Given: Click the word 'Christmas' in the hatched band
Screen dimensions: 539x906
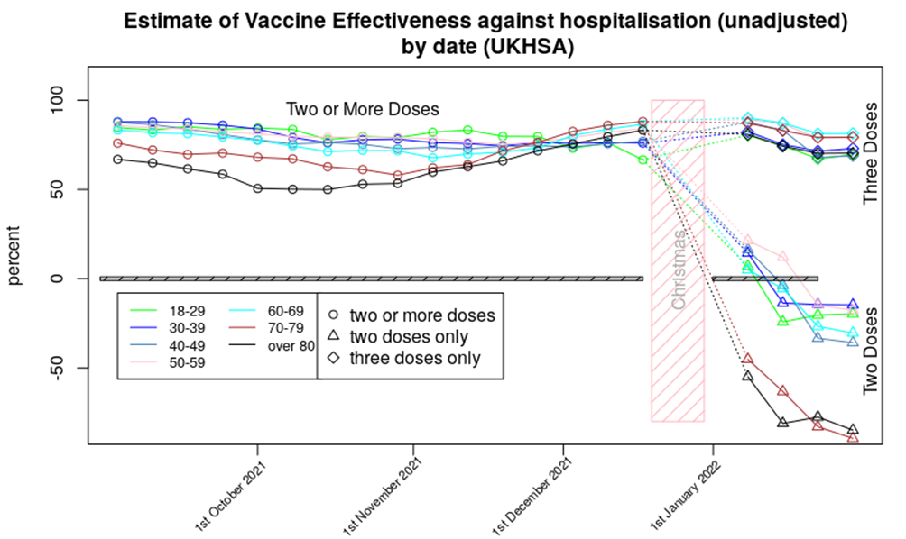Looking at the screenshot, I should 679,270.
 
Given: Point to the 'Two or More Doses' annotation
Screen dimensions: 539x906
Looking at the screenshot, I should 362,109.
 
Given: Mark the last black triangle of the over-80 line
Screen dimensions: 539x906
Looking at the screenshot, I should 853,430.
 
